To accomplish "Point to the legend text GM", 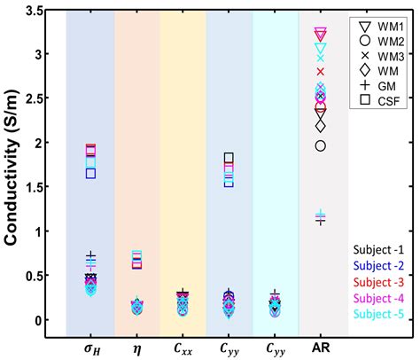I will click(388, 84).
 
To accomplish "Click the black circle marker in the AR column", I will click(321, 145).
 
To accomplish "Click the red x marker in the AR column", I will click(321, 72).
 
